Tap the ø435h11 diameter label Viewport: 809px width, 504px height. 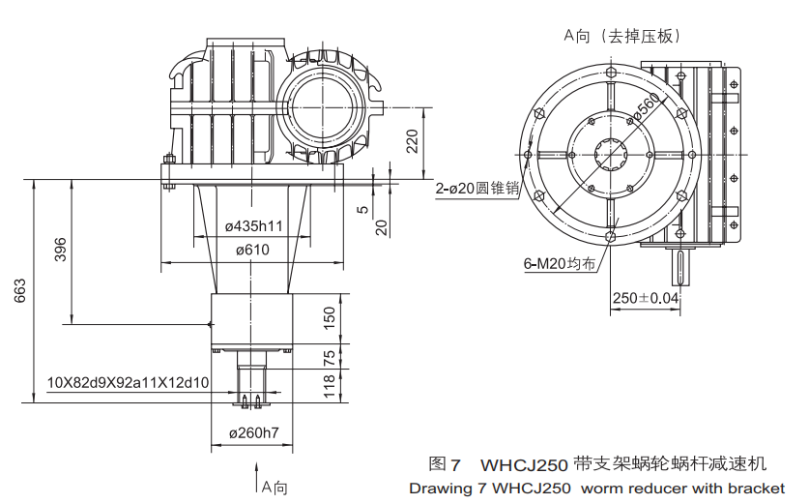pos(253,225)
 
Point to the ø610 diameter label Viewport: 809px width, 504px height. pos(252,250)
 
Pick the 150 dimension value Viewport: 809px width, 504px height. pos(330,317)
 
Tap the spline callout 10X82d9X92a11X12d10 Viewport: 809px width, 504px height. pos(129,382)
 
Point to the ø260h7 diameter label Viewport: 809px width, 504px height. pos(252,432)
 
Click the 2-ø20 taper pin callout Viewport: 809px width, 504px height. pos(477,190)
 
